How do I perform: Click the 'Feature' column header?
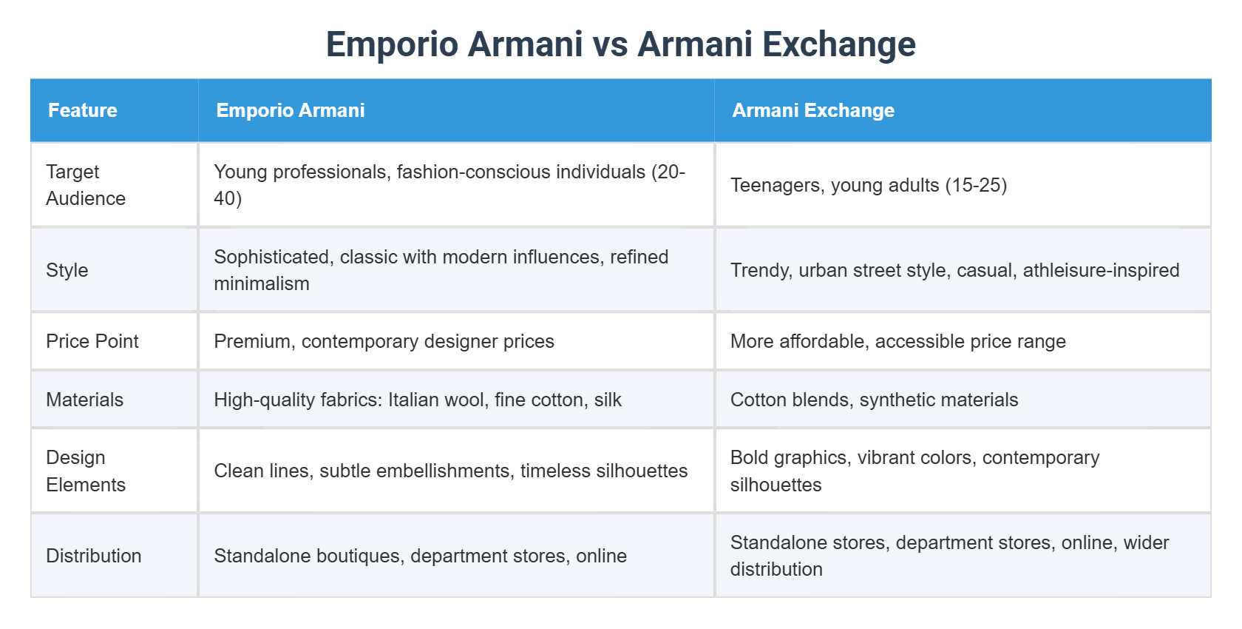point(83,110)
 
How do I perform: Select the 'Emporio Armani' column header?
point(291,110)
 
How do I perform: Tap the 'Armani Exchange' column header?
point(813,110)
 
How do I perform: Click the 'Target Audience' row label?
point(86,185)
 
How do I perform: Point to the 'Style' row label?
point(67,270)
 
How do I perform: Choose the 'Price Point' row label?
point(92,341)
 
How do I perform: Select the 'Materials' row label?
point(85,400)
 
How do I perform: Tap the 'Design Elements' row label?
point(86,471)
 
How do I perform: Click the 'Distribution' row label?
point(94,556)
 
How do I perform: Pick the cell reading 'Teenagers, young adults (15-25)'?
point(868,185)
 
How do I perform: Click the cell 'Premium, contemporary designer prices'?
point(384,341)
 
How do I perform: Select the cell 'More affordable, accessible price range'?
point(898,341)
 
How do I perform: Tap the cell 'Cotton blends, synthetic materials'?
point(875,400)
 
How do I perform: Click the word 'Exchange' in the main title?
point(839,44)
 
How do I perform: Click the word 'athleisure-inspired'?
point(1102,270)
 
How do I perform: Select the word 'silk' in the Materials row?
point(608,400)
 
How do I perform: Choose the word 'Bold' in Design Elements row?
point(749,457)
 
